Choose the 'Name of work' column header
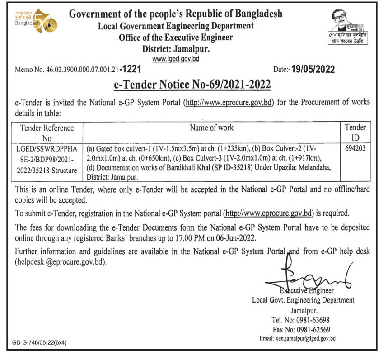[211, 128]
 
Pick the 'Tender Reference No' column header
[47, 133]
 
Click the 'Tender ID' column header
[355, 133]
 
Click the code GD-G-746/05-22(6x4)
[40, 343]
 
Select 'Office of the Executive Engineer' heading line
[176, 38]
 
